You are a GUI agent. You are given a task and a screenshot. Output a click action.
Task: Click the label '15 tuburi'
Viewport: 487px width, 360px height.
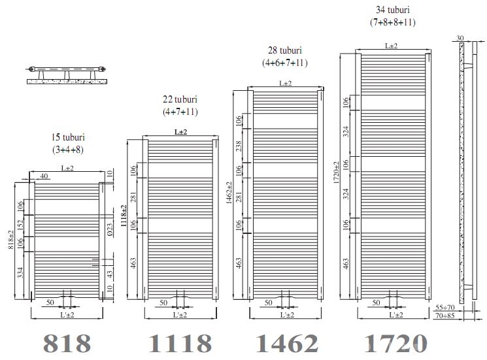click(69, 138)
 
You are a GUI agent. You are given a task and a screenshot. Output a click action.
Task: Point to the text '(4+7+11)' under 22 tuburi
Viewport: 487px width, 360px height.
click(180, 112)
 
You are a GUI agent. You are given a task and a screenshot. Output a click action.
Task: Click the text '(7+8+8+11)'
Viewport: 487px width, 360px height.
click(392, 22)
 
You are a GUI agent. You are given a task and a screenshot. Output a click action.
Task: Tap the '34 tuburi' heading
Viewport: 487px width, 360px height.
click(393, 10)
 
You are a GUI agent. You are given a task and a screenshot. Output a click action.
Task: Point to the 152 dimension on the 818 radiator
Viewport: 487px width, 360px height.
click(20, 224)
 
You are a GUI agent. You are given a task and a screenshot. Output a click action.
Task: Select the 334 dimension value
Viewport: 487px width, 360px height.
click(20, 272)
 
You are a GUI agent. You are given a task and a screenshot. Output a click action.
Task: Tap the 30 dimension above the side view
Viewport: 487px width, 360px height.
click(461, 39)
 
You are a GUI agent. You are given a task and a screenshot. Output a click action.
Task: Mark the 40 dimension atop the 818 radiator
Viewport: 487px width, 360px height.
click(44, 176)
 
